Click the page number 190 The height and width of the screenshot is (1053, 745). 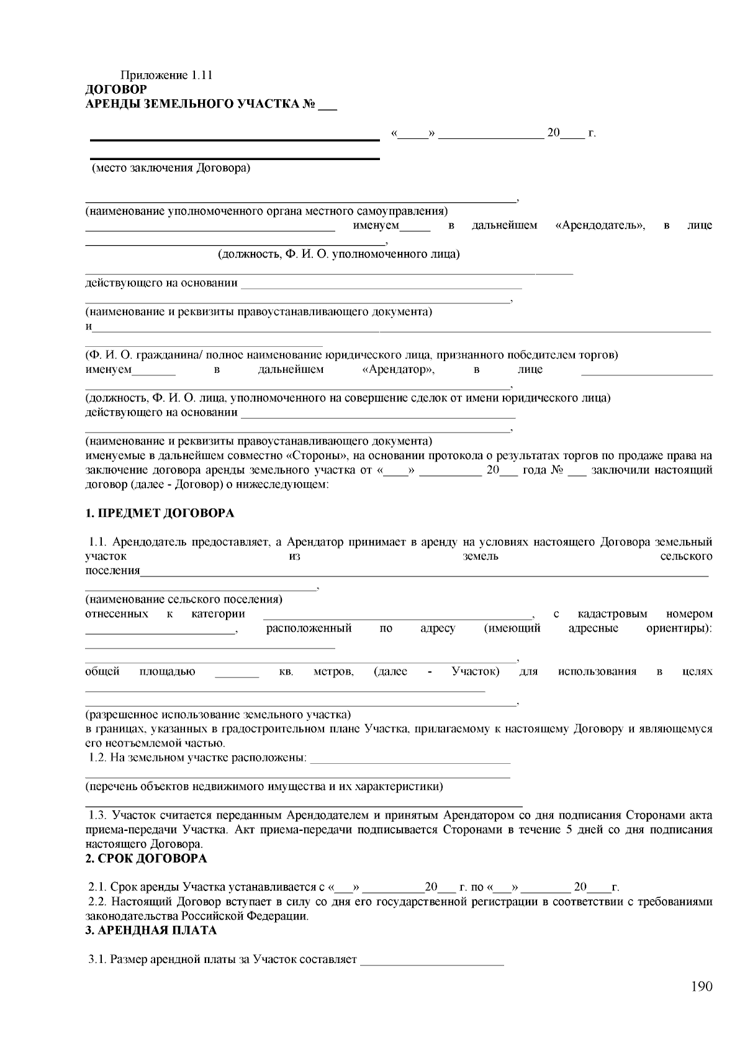point(702,987)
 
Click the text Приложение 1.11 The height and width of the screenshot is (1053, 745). point(166,75)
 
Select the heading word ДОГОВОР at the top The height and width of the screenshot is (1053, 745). point(116,89)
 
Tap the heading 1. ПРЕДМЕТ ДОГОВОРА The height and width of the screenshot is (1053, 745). point(160,513)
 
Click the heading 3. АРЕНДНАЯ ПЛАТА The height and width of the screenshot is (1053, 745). point(151,930)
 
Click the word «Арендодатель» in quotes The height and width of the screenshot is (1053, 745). point(600,225)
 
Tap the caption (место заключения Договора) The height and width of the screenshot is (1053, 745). point(171,168)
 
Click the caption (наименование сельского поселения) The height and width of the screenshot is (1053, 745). point(184,599)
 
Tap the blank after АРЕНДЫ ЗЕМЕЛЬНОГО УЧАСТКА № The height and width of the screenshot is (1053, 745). point(327,106)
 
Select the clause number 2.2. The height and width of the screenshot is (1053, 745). point(99,902)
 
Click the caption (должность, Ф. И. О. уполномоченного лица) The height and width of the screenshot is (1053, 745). point(338,254)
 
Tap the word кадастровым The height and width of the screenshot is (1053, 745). point(612,614)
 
